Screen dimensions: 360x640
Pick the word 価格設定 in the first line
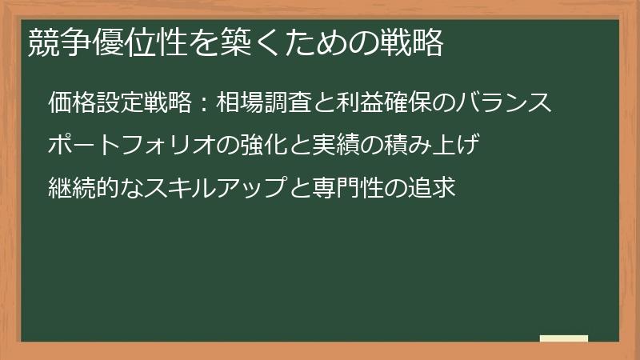pyautogui.click(x=96, y=103)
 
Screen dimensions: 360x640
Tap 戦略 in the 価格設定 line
pyautogui.click(x=169, y=103)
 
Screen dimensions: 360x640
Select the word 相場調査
pyautogui.click(x=265, y=103)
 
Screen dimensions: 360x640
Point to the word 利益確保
pyautogui.click(x=386, y=103)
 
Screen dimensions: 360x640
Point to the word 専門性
pyautogui.click(x=350, y=190)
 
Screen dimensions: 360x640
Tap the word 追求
pyautogui.click(x=434, y=190)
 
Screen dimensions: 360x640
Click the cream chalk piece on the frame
pyautogui.click(x=564, y=338)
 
